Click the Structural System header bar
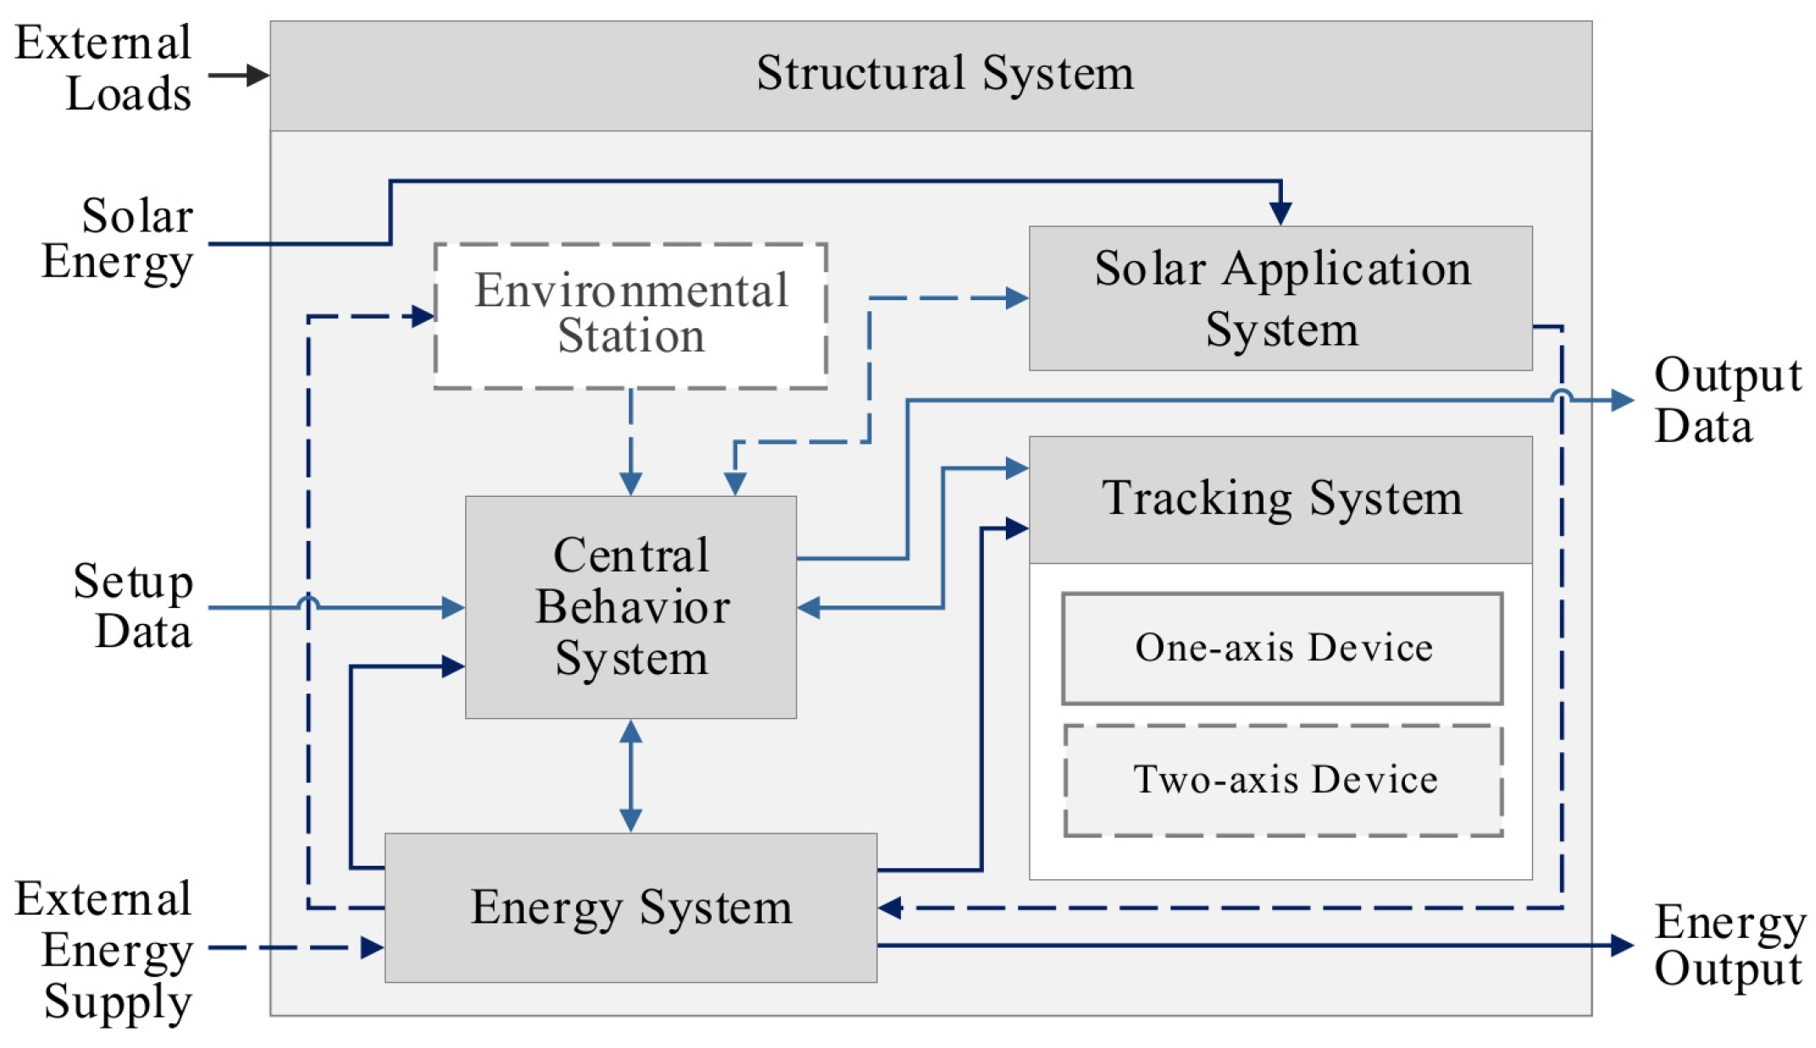[930, 75]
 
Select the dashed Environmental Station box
[630, 315]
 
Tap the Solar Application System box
[1280, 298]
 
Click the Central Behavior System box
[630, 606]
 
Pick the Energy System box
[630, 907]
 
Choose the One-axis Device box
[1281, 648]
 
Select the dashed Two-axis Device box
[1283, 780]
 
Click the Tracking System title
[1280, 499]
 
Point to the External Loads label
[104, 68]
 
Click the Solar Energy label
[119, 238]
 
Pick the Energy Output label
[1729, 945]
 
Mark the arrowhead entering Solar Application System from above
[1280, 213]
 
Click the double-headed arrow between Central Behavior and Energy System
[630, 775]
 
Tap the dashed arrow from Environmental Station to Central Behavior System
[630, 441]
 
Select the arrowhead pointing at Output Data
[1621, 399]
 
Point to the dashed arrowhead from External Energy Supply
[371, 947]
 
